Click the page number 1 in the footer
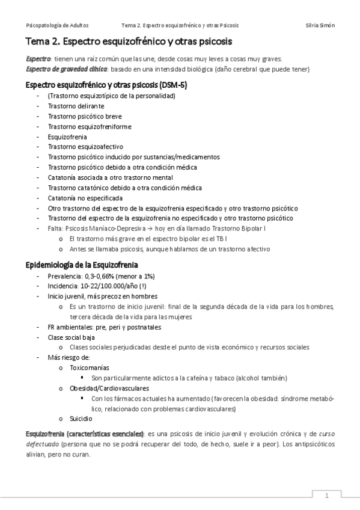[326, 496]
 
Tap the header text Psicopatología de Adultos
[59, 25]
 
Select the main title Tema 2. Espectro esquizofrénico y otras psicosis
[129, 42]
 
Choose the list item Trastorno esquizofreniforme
[81, 126]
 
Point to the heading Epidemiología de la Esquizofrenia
[81, 265]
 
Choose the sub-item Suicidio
[81, 418]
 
